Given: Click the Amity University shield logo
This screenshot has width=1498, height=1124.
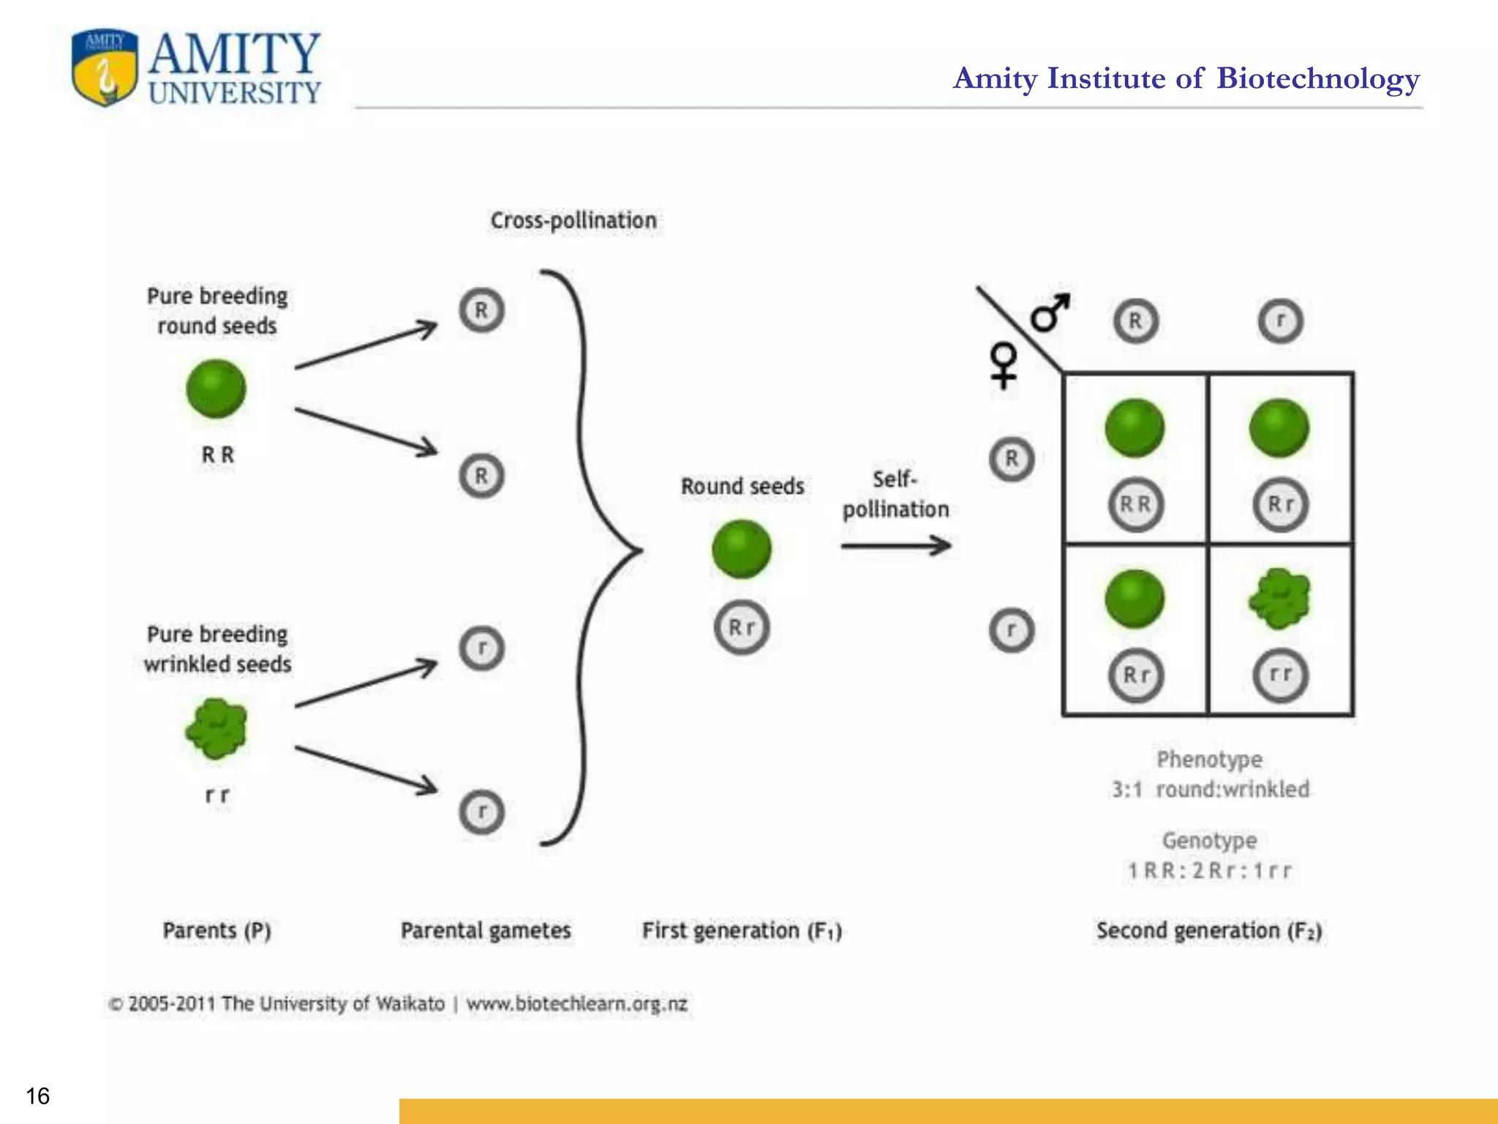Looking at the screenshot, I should (105, 68).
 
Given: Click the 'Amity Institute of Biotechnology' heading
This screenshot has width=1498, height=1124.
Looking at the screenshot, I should (1186, 78).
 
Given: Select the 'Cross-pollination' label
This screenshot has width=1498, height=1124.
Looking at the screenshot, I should (573, 220).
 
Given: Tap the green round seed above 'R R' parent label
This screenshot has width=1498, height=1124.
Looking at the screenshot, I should (216, 388).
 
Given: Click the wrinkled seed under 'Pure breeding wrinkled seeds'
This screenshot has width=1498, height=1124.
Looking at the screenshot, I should (217, 728).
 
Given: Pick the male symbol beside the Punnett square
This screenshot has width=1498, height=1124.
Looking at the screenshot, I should (1050, 312).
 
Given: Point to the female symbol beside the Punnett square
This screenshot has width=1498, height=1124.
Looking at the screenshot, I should (1004, 364).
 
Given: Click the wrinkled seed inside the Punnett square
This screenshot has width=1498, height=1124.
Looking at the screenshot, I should (1280, 599).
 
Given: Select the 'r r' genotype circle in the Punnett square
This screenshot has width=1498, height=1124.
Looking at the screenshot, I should (1280, 675).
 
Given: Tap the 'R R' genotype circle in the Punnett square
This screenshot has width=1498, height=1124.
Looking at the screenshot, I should (1135, 504).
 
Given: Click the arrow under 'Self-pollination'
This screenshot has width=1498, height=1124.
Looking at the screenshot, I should (895, 545).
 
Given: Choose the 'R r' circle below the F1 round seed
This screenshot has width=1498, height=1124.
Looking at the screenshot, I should (742, 627).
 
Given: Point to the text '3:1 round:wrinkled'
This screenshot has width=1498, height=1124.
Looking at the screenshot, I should (1211, 789).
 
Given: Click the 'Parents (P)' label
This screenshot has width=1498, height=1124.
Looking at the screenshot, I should (217, 931).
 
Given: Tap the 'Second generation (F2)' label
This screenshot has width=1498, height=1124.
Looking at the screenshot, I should (1208, 931).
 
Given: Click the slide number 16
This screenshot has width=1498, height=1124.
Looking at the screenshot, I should (38, 1095).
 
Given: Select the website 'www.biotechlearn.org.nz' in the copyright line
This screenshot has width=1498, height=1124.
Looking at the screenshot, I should (577, 1003).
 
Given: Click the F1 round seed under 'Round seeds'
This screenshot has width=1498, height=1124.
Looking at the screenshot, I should (741, 549).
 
